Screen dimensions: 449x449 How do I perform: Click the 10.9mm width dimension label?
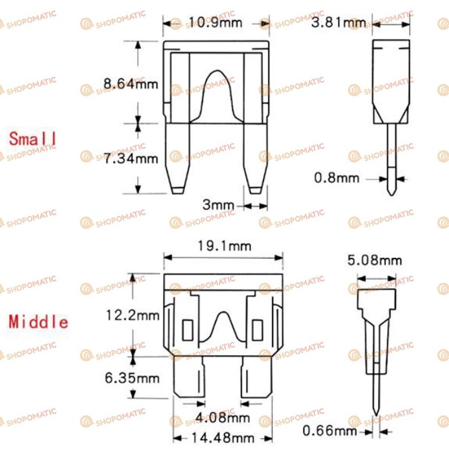pyautogui.click(x=215, y=22)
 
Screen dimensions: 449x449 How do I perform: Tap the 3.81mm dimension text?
pyautogui.click(x=339, y=22)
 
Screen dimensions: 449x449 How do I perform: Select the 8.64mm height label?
pyautogui.click(x=130, y=84)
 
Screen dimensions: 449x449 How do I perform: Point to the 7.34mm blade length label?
pyautogui.click(x=130, y=159)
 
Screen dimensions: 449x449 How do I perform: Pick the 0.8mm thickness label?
pyautogui.click(x=337, y=178)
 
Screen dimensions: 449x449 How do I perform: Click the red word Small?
pyautogui.click(x=32, y=139)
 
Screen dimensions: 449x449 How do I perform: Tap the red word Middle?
pyautogui.click(x=38, y=322)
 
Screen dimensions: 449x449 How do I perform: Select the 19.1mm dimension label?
pyautogui.click(x=224, y=246)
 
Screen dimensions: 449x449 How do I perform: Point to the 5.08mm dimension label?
pyautogui.click(x=374, y=260)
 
